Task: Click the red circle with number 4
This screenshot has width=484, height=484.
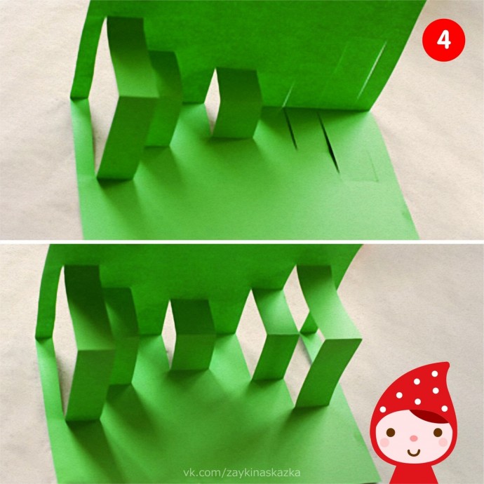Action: (443, 39)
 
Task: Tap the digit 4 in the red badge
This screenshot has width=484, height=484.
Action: (443, 40)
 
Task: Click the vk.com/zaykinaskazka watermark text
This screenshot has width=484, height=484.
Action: (242, 473)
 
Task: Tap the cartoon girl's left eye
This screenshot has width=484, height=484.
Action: (391, 432)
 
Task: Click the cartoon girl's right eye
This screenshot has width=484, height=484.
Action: (438, 432)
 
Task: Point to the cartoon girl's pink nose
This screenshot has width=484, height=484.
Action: (414, 438)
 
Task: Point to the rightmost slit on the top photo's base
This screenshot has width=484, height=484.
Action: (330, 143)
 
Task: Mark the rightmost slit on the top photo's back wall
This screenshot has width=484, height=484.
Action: (371, 70)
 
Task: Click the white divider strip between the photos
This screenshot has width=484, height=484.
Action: (242, 242)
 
